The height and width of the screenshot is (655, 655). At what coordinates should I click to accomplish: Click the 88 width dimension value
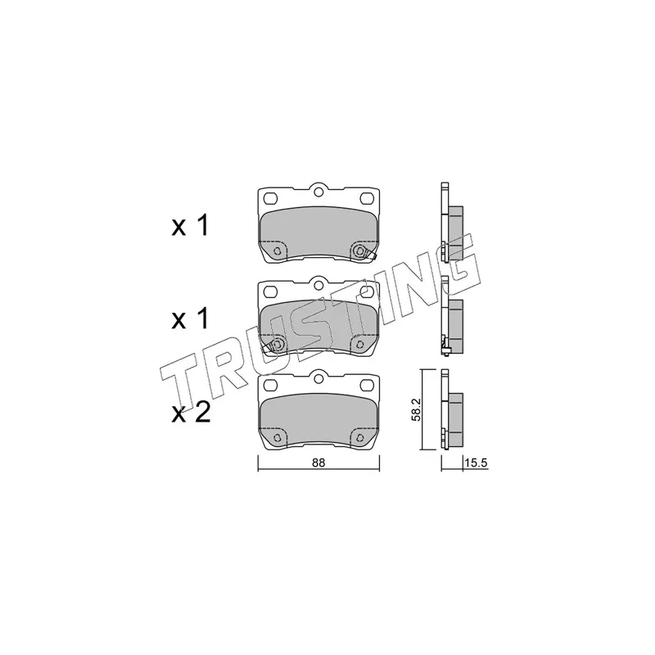tap(318, 463)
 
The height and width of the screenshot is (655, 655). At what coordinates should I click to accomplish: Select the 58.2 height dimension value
tap(417, 409)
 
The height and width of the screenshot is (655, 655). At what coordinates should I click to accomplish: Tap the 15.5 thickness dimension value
tap(477, 463)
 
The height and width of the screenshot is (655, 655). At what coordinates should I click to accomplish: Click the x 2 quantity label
tap(191, 413)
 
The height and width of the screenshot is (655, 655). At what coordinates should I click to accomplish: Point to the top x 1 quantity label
tap(190, 227)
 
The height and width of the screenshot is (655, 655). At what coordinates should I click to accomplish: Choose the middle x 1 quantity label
tap(190, 319)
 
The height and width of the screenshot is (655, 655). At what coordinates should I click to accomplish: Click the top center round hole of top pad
tap(318, 192)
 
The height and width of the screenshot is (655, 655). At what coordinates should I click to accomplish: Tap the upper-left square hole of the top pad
tap(271, 197)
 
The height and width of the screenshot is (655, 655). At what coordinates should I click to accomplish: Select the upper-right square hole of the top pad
tap(366, 197)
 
